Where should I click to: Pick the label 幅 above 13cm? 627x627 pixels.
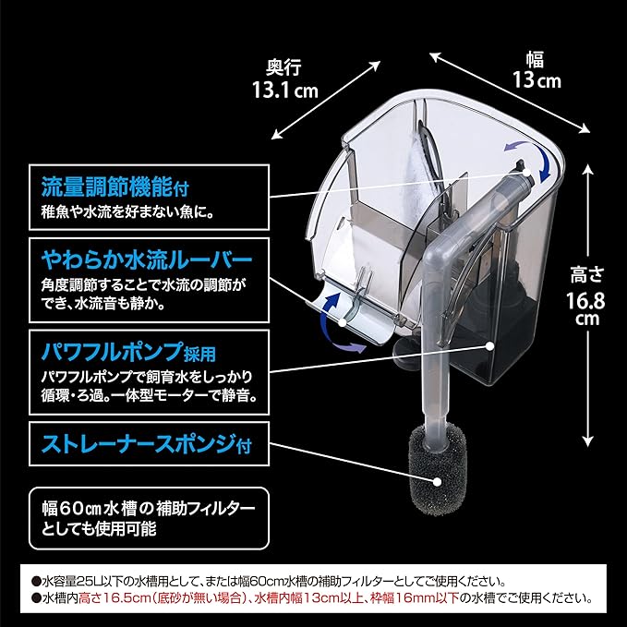(x=536, y=59)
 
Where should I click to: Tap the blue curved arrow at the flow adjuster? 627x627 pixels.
(x=533, y=161)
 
